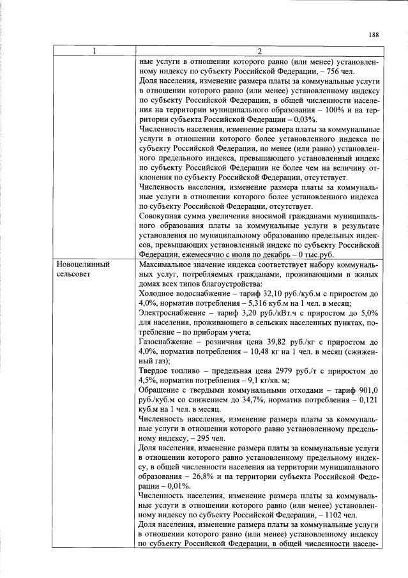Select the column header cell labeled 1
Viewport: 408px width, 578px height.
94,51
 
